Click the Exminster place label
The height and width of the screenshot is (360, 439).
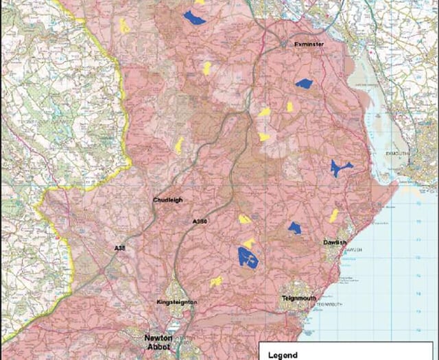pos(308,44)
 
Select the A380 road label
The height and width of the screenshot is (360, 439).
pos(200,221)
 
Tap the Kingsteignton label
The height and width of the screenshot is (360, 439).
pos(177,302)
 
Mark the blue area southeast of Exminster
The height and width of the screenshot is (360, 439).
pos(304,84)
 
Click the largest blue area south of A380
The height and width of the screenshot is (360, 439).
pos(247,257)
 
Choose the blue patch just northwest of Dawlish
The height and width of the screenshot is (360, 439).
pos(295,227)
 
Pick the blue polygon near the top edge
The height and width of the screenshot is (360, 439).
pos(195,18)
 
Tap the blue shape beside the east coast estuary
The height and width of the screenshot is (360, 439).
pos(339,168)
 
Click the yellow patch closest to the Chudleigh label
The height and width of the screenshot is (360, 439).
pos(179,145)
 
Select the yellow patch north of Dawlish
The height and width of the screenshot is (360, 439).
pos(334,215)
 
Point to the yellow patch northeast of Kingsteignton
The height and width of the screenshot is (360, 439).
pos(217,281)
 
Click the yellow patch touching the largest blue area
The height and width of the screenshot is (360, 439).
pos(250,243)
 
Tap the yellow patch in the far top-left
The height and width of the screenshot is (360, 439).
pos(124,26)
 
